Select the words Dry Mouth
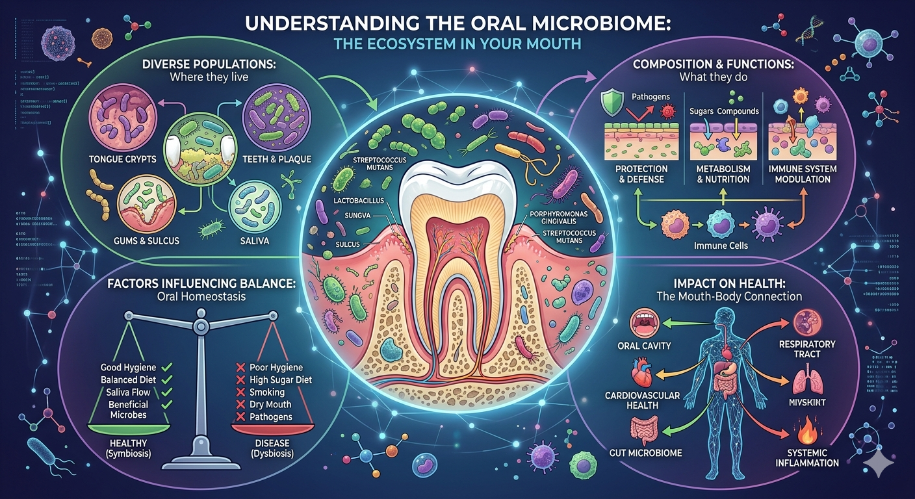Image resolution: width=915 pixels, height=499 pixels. point(270,405)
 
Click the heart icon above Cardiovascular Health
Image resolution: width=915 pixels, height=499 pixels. point(640,377)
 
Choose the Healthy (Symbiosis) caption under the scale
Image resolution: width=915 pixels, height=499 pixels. point(127,448)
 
